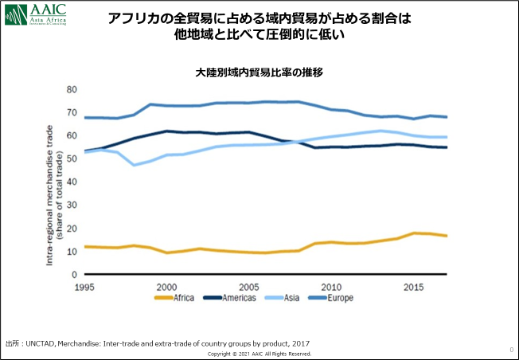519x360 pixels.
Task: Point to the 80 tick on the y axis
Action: click(x=72, y=89)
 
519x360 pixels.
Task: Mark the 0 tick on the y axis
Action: click(x=74, y=274)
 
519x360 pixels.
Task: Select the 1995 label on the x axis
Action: click(x=84, y=286)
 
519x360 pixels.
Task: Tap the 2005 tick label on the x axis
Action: click(x=250, y=286)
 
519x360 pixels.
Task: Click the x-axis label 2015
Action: click(x=413, y=286)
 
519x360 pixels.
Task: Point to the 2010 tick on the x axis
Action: click(x=331, y=286)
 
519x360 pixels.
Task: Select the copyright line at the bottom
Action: click(x=259, y=354)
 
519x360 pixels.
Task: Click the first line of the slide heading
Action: click(x=259, y=18)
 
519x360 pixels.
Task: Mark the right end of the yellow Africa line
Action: click(x=446, y=236)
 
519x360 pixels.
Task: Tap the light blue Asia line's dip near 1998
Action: click(x=134, y=165)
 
